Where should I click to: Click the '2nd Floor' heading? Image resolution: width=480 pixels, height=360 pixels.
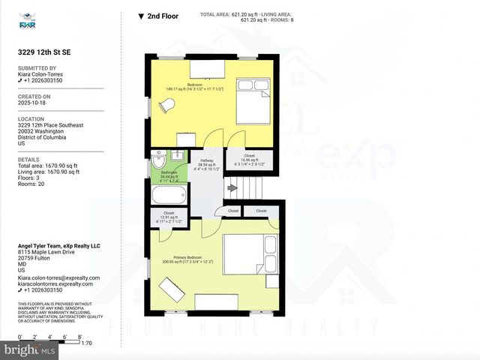click(x=162, y=15)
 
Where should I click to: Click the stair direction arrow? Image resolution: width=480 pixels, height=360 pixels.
click(x=232, y=188)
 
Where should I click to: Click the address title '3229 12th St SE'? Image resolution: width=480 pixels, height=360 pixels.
click(x=45, y=52)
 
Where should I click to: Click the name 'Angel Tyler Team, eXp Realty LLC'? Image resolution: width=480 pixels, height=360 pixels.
click(x=58, y=246)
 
